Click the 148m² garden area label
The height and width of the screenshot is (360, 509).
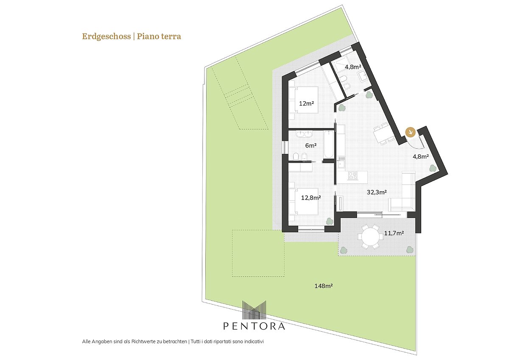point(324,286)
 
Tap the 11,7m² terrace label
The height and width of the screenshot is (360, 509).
point(394,233)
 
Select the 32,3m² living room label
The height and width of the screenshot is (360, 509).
point(377,192)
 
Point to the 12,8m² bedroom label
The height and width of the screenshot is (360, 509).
point(311,198)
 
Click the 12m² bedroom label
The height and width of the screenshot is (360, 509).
point(306,103)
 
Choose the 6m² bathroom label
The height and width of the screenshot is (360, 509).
point(311,145)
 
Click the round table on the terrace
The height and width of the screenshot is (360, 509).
point(370,236)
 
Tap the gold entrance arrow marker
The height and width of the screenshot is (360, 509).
point(411,132)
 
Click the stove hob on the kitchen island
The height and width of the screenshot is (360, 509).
point(353,176)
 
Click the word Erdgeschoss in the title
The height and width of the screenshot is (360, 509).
point(106,36)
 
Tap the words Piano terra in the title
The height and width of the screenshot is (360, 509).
point(159,36)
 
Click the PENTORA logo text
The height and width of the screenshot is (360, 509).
point(254,327)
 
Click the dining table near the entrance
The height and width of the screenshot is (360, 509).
point(383,134)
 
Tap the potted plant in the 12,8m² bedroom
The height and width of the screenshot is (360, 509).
point(398,221)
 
